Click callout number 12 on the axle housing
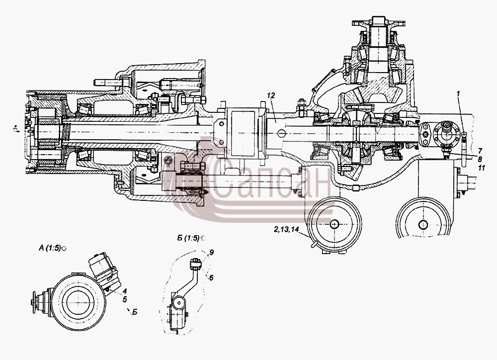coord(271,95)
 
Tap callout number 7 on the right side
coord(480,150)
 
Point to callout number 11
coord(482,168)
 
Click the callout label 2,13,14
coord(286,230)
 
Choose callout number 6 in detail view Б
coord(211,277)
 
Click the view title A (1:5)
coord(49,248)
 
